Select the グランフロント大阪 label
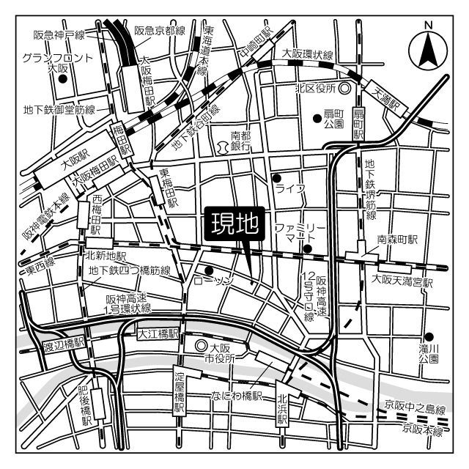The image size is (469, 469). point(48,62)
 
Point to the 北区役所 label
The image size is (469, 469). point(314,88)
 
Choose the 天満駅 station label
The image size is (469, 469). point(388,100)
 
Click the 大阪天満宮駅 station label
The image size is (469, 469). point(402,280)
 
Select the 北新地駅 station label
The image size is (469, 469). point(106,256)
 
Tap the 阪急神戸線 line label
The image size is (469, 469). point(59,34)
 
